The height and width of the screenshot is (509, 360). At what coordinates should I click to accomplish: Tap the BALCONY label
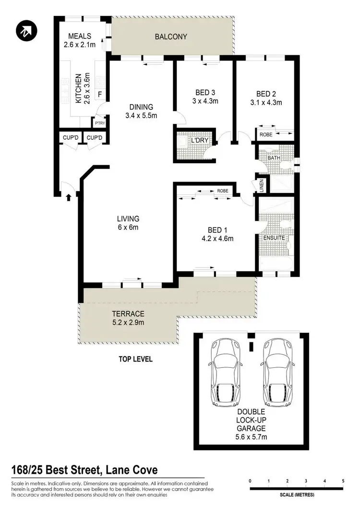(171, 36)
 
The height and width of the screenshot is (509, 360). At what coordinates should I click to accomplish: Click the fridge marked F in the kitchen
(99, 94)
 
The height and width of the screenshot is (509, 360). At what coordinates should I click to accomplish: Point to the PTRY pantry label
(100, 123)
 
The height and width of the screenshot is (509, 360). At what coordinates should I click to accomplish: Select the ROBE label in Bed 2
(266, 135)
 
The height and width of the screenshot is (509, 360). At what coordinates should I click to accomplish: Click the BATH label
(274, 157)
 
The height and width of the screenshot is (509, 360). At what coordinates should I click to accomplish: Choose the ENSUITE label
(274, 238)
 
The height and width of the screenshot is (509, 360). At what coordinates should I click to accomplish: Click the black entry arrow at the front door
(68, 196)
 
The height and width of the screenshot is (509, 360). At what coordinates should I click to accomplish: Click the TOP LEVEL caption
(135, 359)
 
